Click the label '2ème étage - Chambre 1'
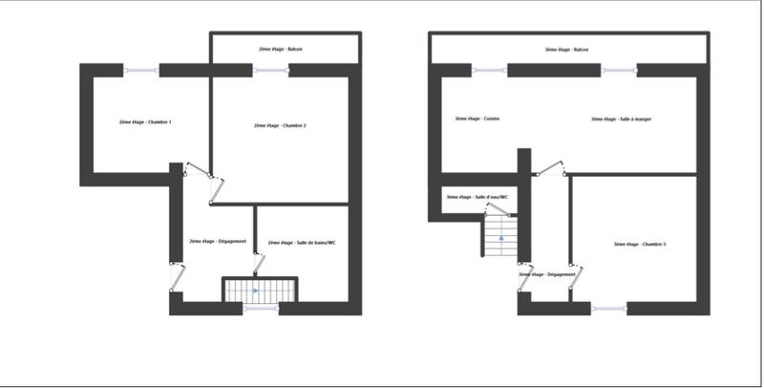(x=138, y=122)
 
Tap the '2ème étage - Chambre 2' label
(x=280, y=125)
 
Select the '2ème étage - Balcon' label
(x=281, y=49)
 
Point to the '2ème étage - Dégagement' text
(x=218, y=241)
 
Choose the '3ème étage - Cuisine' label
(x=477, y=119)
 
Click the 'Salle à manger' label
(x=615, y=119)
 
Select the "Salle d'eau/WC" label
(x=477, y=198)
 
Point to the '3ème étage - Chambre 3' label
(x=640, y=245)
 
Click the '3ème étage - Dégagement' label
(x=547, y=274)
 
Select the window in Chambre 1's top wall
(x=141, y=69)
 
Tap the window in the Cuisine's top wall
(x=489, y=69)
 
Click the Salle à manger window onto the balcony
(x=619, y=69)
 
